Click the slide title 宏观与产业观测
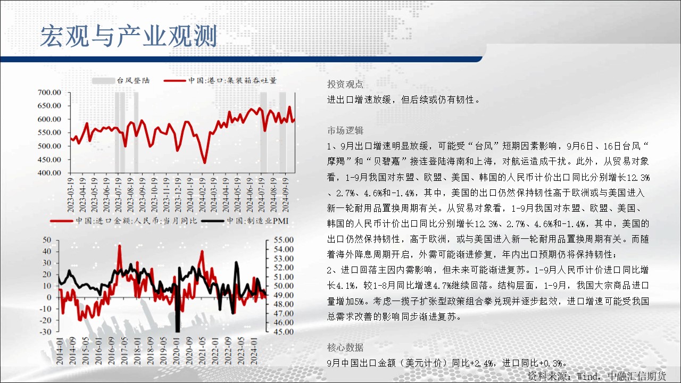pyautogui.click(x=129, y=36)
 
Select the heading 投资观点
pyautogui.click(x=345, y=84)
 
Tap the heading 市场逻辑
pyautogui.click(x=345, y=130)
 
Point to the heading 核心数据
pyautogui.click(x=345, y=347)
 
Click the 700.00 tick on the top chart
pyautogui.click(x=49, y=93)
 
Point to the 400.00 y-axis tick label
pyautogui.click(x=49, y=173)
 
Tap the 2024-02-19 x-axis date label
pyautogui.click(x=202, y=195)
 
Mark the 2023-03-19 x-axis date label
pyautogui.click(x=71, y=195)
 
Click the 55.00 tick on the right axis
pyautogui.click(x=284, y=239)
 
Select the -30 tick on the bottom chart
pyautogui.click(x=45, y=331)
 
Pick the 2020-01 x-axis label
pyautogui.click(x=177, y=351)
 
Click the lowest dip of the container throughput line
pyautogui.click(x=205, y=163)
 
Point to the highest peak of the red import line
pyautogui.click(x=120, y=246)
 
